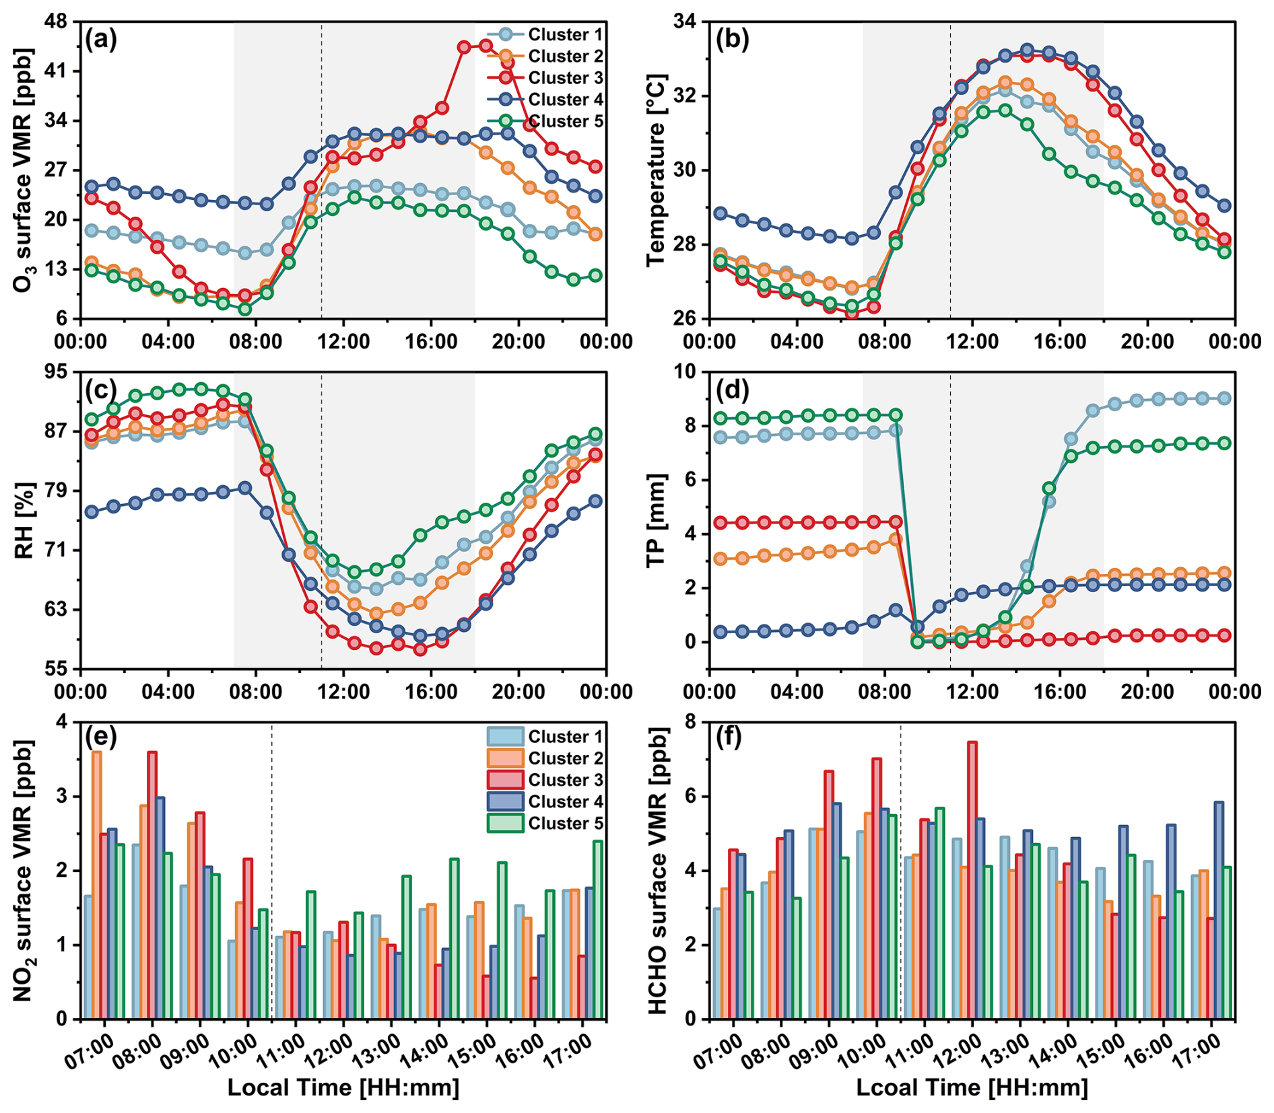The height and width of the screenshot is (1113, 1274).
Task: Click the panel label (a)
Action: tap(101, 40)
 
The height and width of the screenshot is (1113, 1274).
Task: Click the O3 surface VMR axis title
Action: tap(23, 170)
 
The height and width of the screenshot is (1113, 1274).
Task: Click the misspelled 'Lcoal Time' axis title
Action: tap(972, 1087)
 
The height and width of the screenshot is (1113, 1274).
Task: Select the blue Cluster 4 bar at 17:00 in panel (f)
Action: tap(1219, 910)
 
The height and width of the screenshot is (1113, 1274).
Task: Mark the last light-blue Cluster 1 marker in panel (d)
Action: tap(1224, 398)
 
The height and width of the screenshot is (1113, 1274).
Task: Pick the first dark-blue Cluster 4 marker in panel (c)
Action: tap(92, 512)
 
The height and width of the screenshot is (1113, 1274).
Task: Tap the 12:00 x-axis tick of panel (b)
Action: tap(972, 341)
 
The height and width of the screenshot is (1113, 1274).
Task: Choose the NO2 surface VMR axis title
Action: tap(23, 871)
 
